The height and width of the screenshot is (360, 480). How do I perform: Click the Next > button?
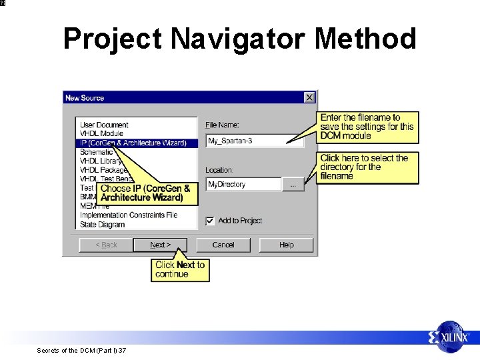point(160,245)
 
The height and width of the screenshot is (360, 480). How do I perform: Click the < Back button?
point(106,245)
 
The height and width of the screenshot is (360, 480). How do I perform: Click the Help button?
point(286,245)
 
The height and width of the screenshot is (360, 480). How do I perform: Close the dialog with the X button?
point(309,97)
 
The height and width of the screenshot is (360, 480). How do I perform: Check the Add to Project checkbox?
point(210,221)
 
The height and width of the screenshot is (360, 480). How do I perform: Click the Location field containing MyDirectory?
point(243,184)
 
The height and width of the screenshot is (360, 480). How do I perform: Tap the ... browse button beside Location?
point(293,184)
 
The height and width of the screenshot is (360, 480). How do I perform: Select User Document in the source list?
point(104,125)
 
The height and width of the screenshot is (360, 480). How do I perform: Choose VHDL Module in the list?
point(101,133)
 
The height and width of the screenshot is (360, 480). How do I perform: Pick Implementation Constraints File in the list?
point(129,215)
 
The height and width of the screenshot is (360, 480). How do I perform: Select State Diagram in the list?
point(102,225)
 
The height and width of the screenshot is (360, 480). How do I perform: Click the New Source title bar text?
point(85,98)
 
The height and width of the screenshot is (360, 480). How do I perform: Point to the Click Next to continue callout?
point(180,269)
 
